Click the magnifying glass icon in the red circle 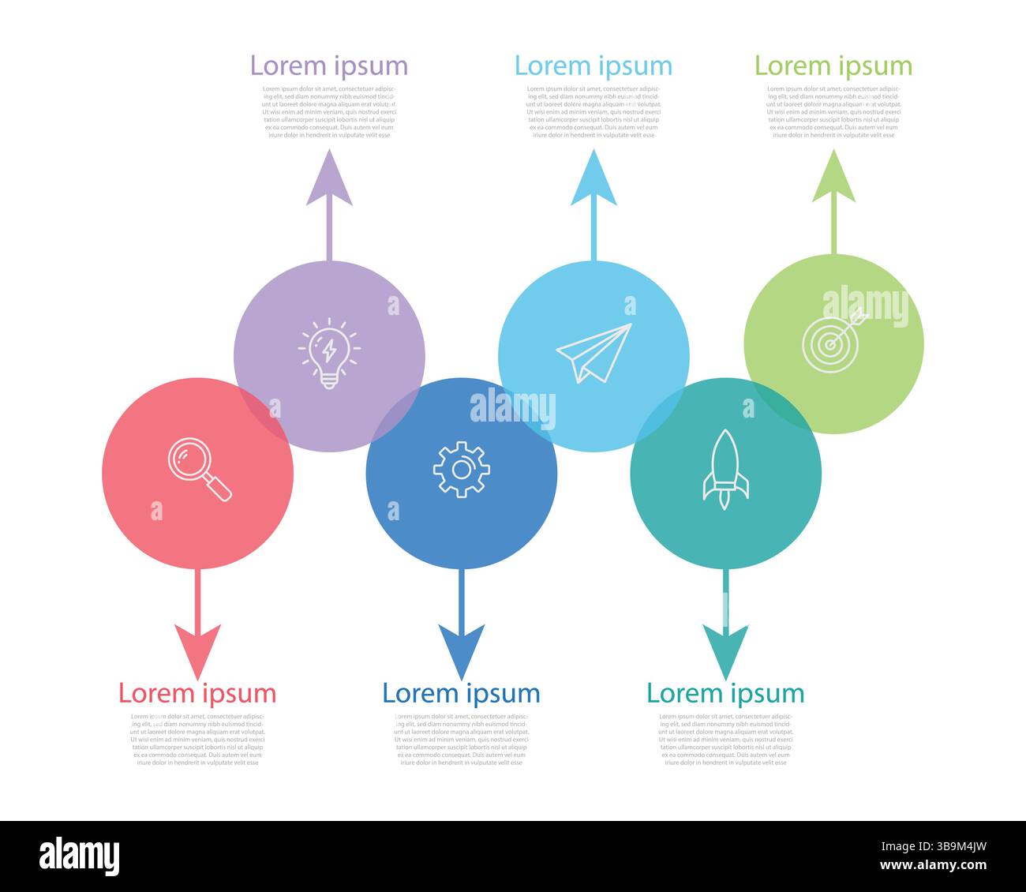pos(200,470)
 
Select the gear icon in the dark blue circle pos(461,470)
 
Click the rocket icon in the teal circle pos(725,470)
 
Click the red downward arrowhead pos(197,649)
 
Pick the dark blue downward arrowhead pos(461,649)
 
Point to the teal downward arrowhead pos(725,649)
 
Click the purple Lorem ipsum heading pos(329,66)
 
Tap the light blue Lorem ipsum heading pos(594,66)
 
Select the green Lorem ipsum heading pos(833,66)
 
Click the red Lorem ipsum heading pos(197,693)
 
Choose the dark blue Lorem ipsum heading pos(461,693)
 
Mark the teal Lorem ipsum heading pos(725,693)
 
